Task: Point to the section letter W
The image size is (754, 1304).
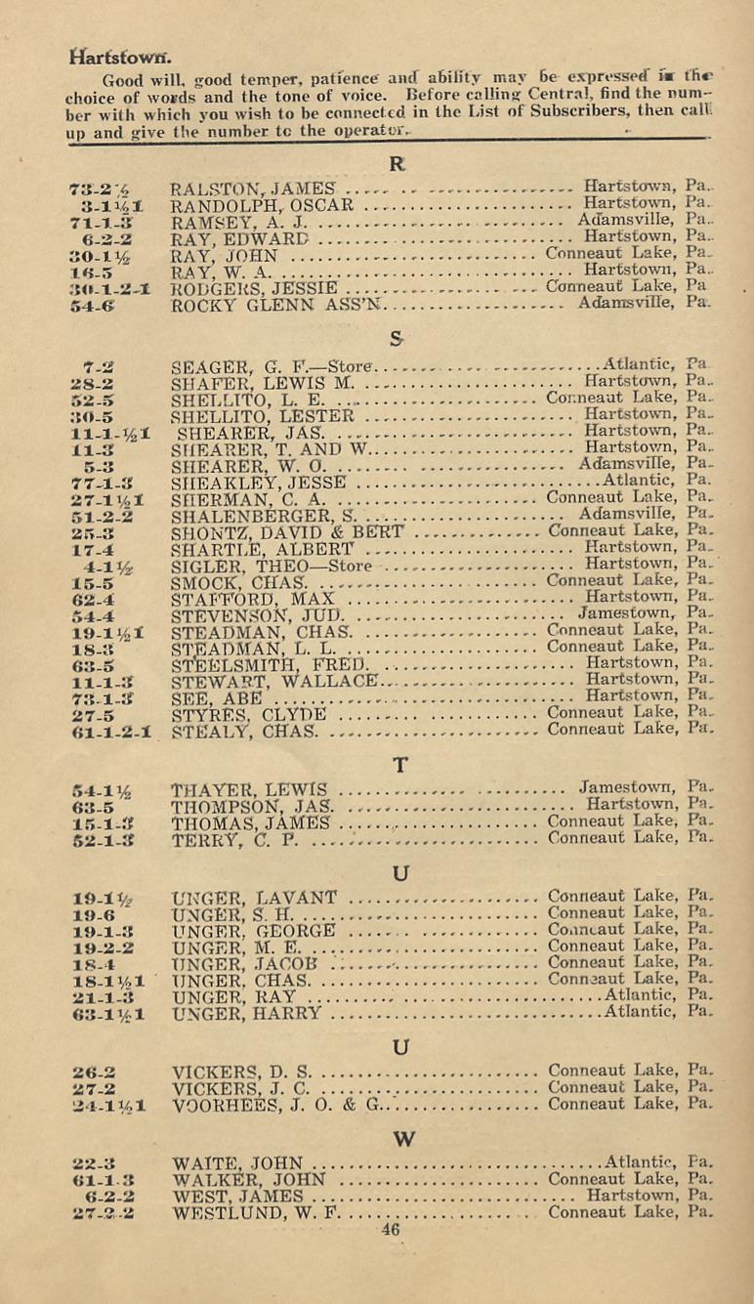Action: point(397,1138)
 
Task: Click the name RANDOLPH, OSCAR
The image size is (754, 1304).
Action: point(261,205)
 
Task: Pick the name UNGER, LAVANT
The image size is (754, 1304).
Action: point(254,898)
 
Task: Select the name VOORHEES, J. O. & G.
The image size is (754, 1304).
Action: point(277,1079)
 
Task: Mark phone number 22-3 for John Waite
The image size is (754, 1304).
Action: point(95,1164)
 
